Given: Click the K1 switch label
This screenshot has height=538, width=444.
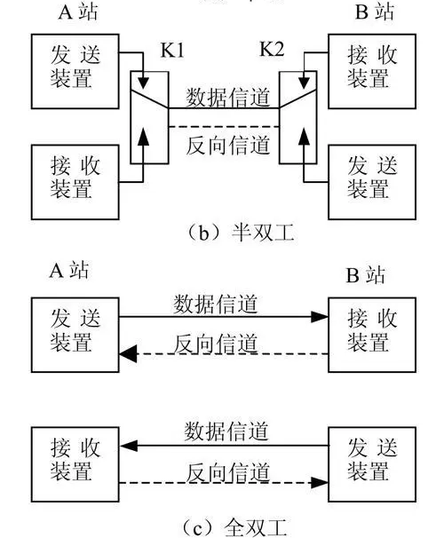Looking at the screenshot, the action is (172, 51).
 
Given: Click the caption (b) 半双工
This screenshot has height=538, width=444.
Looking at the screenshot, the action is (240, 233).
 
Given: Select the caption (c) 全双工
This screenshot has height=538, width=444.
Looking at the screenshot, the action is (233, 527).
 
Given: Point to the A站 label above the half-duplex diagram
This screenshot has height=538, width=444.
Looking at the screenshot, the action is (78, 12).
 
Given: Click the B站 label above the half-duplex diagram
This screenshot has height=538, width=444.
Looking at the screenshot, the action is (375, 12).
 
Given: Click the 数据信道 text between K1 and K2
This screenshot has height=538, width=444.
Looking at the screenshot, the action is (228, 98).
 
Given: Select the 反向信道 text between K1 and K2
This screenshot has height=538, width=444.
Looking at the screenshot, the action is (228, 145).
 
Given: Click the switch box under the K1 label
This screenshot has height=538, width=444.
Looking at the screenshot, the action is (149, 118).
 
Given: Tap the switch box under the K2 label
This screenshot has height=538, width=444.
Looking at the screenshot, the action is (297, 118).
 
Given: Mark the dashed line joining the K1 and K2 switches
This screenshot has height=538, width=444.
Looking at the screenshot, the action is (224, 127).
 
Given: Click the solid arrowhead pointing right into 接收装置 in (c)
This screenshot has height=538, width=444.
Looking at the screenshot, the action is (320, 317).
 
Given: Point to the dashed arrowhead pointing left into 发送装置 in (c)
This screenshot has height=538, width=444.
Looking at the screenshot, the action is (129, 353).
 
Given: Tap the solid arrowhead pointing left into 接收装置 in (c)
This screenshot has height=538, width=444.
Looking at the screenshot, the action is (129, 446).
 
